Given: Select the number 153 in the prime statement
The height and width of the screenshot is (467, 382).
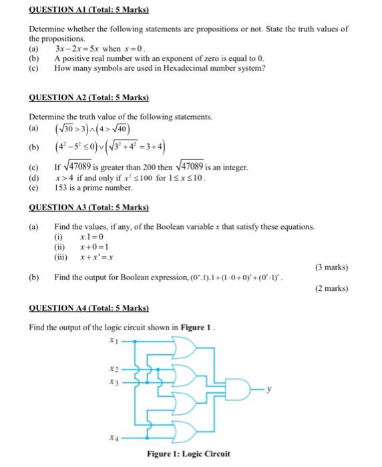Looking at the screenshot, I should (61, 188).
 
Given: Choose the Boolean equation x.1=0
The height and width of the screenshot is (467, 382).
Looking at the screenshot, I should (91, 238).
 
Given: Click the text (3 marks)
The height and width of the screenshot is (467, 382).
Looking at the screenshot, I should (331, 268).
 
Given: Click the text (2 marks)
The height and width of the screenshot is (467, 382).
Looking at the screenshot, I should (331, 289).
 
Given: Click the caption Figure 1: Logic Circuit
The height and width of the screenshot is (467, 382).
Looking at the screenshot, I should (189, 454).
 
